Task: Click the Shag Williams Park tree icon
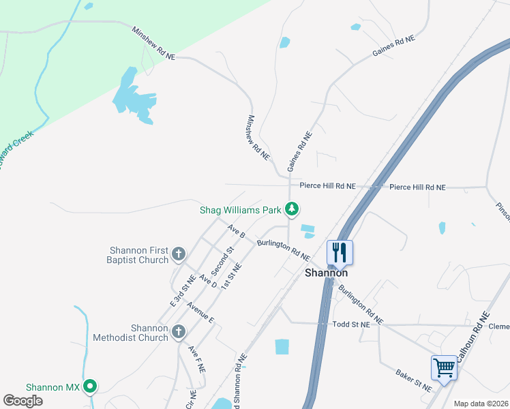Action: pos(292,209)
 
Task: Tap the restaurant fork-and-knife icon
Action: pos(338,252)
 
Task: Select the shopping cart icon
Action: pos(444,368)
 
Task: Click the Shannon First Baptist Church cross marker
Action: pos(179,254)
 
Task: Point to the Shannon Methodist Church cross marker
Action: pos(179,332)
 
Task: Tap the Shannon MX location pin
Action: pos(89,387)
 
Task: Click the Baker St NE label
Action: pos(414,380)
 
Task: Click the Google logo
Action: pos(22,401)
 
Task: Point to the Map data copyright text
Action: pos(481,404)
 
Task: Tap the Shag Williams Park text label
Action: pos(240,210)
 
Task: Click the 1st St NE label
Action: pos(232,274)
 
